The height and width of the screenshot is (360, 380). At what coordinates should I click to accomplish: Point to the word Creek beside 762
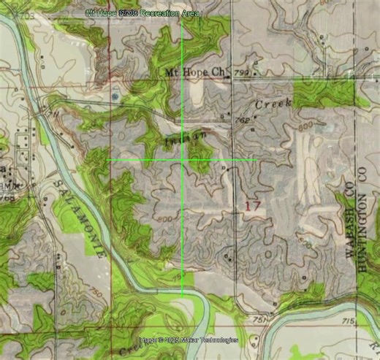coord(273,104)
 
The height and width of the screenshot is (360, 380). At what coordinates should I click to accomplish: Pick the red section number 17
coord(251,207)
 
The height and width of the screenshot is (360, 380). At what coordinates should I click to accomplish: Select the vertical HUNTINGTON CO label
coord(360,223)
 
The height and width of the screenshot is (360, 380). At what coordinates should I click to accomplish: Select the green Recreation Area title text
coord(142,14)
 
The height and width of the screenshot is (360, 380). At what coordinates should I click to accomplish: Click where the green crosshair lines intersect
coord(182,160)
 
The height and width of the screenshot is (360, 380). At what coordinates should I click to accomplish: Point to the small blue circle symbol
coord(115,96)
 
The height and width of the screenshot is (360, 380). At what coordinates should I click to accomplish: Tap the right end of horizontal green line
coord(256,160)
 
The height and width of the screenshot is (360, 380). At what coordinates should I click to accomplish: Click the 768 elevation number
coord(8,197)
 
